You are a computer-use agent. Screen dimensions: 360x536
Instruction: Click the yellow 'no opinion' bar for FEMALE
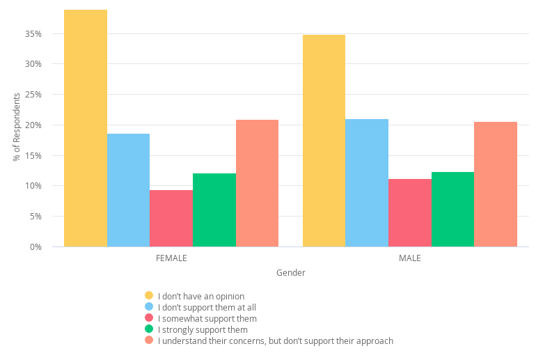coord(86,128)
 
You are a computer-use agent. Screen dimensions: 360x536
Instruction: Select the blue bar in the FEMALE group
coord(128,190)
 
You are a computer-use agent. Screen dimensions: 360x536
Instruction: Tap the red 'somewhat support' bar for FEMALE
coord(171,218)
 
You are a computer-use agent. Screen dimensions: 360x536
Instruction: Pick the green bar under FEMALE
coord(214,210)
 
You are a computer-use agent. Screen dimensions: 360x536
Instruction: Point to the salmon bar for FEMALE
coord(257,183)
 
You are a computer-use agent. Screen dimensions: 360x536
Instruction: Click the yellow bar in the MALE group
coord(324,141)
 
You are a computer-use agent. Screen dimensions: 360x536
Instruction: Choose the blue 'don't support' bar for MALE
coord(367,182)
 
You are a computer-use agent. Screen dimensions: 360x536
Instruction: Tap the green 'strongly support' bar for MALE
coord(452,209)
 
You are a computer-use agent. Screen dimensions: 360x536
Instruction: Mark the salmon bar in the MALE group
coord(496,184)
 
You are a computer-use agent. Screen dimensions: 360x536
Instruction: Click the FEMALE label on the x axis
coord(171,258)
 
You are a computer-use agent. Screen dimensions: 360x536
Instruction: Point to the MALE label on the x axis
coord(409,258)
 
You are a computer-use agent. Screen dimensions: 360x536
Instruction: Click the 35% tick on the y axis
coord(33,33)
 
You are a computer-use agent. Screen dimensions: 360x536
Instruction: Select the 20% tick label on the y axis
coord(33,125)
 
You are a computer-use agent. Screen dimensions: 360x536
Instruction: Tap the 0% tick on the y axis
coord(36,247)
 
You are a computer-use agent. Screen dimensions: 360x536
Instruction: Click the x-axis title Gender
coord(290,273)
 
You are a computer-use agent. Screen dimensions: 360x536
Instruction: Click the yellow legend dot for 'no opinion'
coord(149,295)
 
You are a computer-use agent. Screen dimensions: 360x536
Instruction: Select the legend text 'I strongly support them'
coord(203,329)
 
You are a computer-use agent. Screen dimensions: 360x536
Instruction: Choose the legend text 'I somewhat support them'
coord(207,318)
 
